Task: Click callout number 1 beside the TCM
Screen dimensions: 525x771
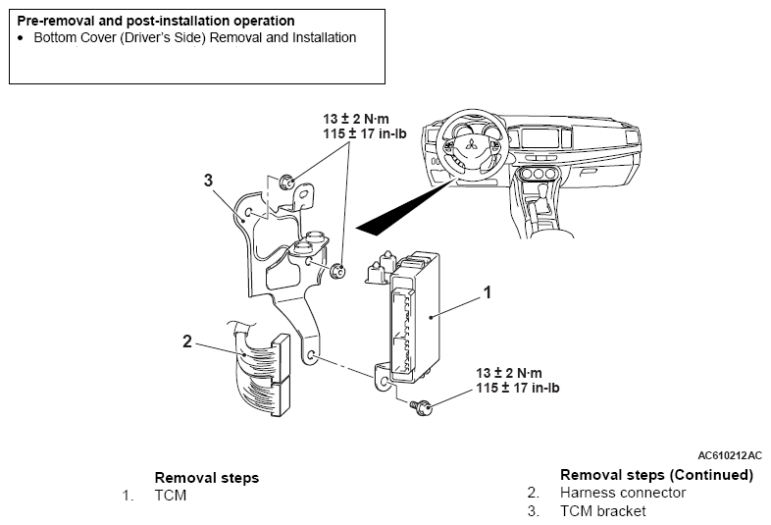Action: [x=486, y=291]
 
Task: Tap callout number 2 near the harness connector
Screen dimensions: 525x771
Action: [x=187, y=341]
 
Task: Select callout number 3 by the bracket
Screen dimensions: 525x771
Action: [x=208, y=180]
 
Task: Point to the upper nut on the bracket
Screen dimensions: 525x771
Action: [x=286, y=181]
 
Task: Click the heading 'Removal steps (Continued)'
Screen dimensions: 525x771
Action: [x=656, y=475]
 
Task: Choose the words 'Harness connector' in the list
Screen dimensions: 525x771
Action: [x=622, y=493]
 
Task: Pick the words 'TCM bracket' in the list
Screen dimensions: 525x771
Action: [x=602, y=510]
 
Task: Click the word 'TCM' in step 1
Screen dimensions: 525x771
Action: [x=170, y=496]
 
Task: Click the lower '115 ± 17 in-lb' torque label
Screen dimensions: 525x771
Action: [x=518, y=388]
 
